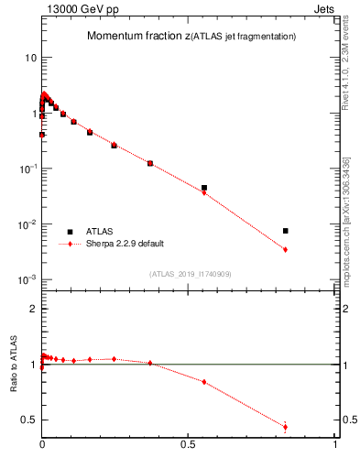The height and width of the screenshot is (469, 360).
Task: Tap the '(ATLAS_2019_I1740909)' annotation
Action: click(x=190, y=274)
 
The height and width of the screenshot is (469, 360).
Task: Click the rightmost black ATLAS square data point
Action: click(x=286, y=231)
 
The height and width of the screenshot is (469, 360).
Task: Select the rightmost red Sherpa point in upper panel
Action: click(x=286, y=249)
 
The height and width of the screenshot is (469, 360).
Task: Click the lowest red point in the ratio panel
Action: click(x=286, y=427)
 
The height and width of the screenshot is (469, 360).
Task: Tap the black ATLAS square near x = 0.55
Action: click(x=204, y=188)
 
